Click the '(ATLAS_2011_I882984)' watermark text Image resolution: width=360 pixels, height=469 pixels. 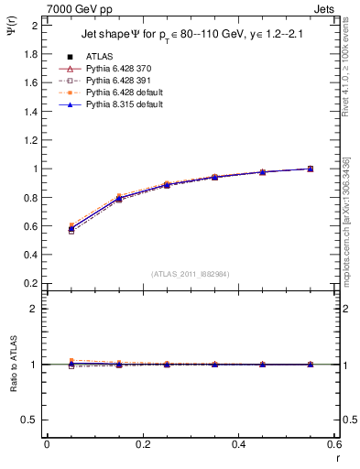(191, 273)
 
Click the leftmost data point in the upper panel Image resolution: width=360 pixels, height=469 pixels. (47, 228)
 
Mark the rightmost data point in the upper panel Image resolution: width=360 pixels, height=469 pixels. (310, 169)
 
